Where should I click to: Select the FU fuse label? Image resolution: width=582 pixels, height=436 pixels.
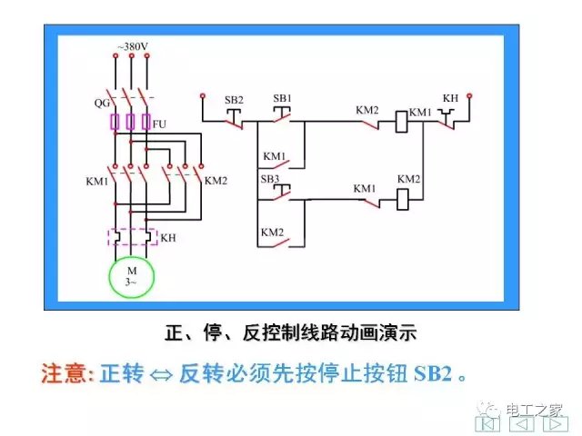(x=160, y=124)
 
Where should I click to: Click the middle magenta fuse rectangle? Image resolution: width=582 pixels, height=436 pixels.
(x=131, y=122)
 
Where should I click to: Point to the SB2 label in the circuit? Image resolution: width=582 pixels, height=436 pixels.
(x=233, y=97)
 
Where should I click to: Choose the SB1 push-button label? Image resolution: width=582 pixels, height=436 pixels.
(x=282, y=97)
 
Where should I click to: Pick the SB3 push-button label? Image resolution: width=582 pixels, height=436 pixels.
(x=270, y=179)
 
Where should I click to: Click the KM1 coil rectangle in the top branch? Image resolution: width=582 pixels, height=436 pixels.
(x=397, y=122)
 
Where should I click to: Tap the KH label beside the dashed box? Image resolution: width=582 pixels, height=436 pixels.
(x=168, y=237)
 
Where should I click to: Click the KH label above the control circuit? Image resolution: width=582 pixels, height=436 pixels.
(x=449, y=97)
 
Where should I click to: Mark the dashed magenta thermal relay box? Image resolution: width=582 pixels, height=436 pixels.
(x=133, y=237)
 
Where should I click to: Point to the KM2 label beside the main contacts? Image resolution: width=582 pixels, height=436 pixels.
(x=216, y=180)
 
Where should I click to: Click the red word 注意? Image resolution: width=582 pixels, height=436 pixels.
(x=65, y=373)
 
